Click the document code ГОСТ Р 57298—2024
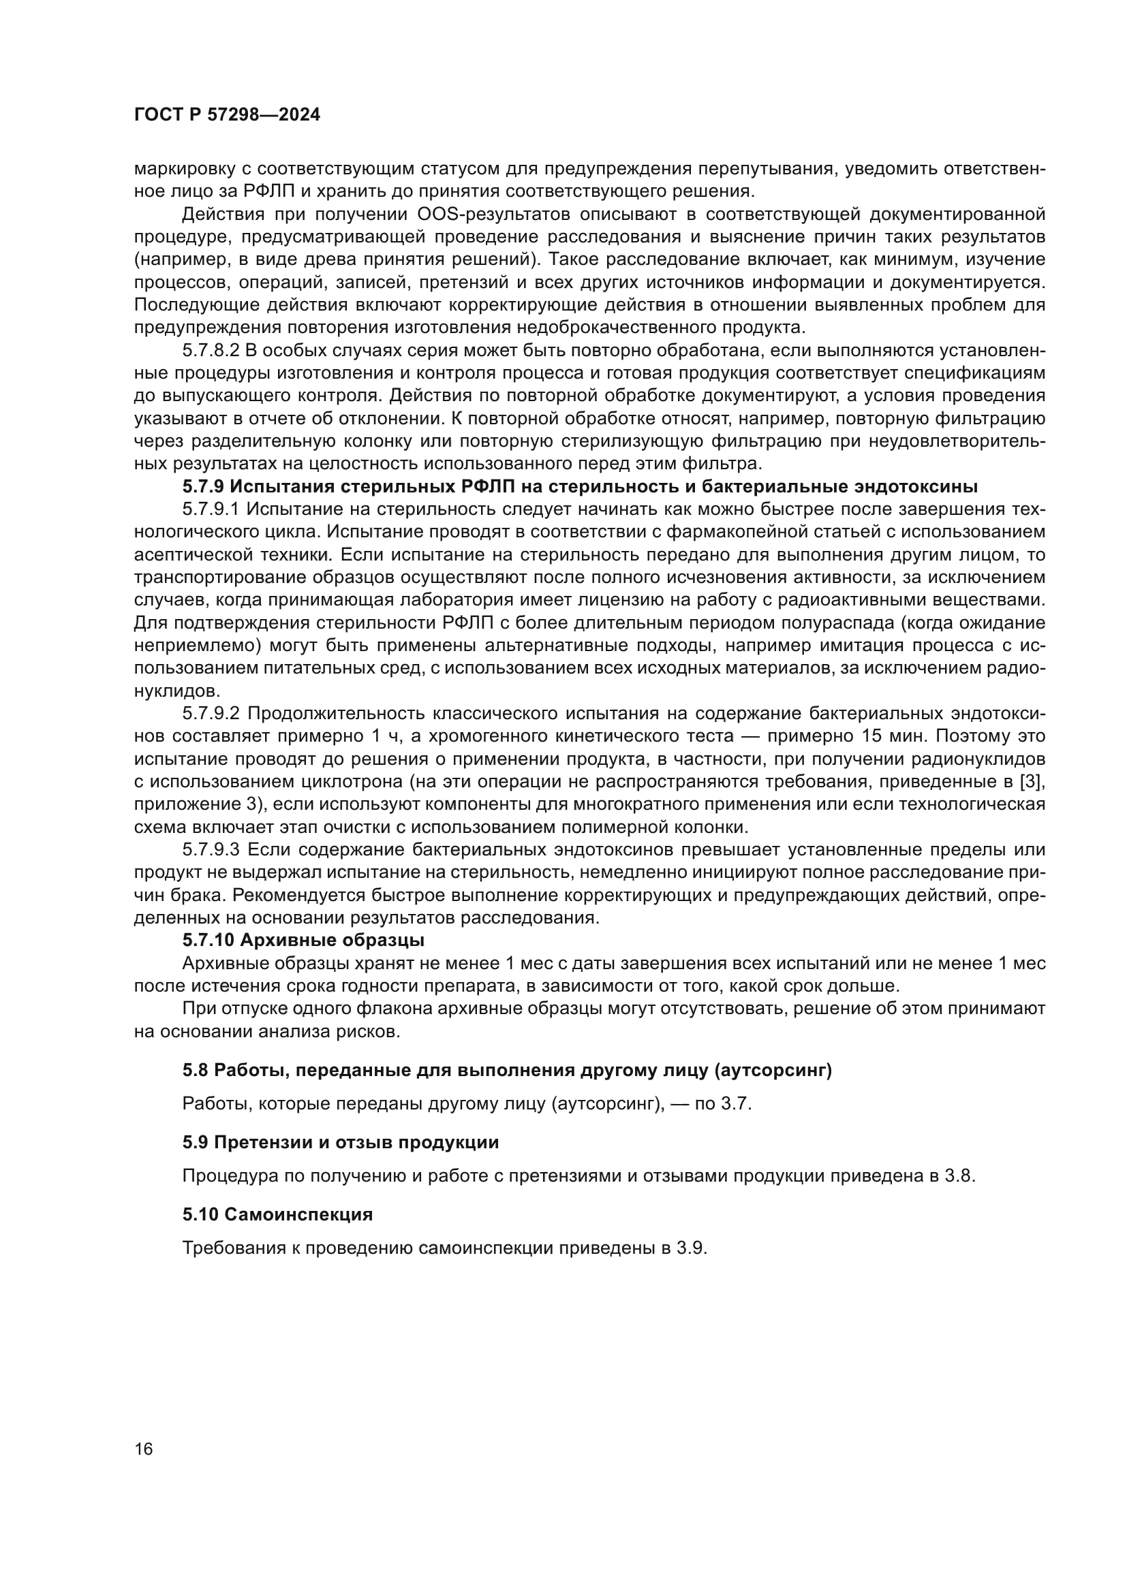[x=227, y=115]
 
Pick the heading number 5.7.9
[x=203, y=487]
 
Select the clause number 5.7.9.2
[x=211, y=714]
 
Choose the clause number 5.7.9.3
[x=211, y=850]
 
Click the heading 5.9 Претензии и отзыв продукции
[x=340, y=1143]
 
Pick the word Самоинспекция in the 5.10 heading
[x=298, y=1215]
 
